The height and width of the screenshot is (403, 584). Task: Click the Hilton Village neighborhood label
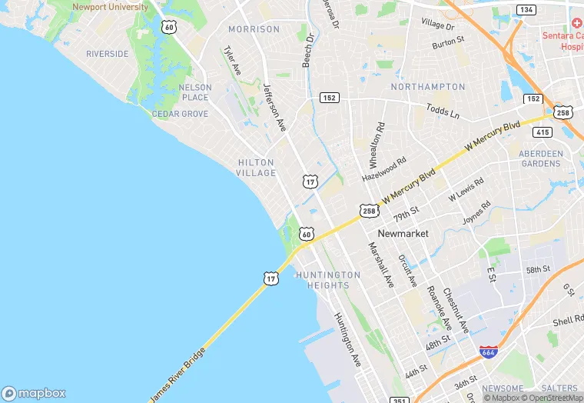(x=257, y=168)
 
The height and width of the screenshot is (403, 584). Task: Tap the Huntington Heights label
(x=328, y=280)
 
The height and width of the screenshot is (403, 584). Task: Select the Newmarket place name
(x=403, y=233)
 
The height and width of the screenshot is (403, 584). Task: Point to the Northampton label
(x=428, y=87)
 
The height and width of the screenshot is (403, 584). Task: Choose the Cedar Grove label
(x=180, y=114)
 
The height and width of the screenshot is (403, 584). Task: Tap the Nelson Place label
(x=194, y=92)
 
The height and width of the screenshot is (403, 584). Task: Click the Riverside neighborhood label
(x=108, y=54)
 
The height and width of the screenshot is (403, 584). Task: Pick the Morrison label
(x=254, y=29)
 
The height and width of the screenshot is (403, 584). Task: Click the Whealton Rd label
(x=377, y=145)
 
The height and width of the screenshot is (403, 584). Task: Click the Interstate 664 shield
(x=487, y=352)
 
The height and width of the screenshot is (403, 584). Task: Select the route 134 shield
(x=526, y=9)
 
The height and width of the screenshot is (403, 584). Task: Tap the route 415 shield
(x=543, y=132)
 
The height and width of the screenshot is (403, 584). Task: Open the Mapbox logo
(x=34, y=392)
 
